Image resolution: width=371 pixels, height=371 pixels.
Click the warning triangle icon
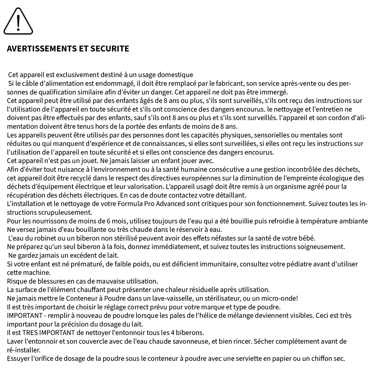pos(18,21)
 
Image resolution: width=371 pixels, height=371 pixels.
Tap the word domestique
pos(175,75)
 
